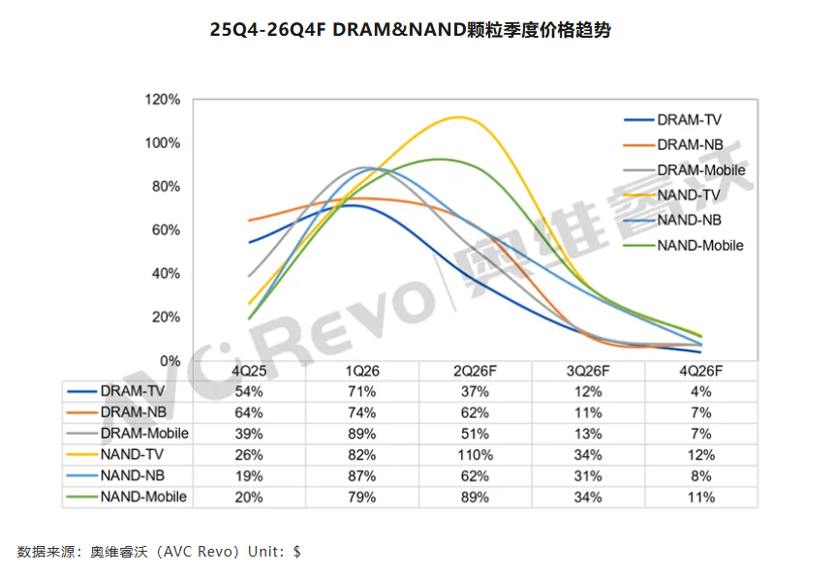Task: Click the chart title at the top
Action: coord(410,30)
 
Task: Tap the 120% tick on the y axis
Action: coord(163,100)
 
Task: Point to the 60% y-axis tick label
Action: coord(166,230)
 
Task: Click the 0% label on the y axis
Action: coord(170,361)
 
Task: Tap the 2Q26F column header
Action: coord(475,371)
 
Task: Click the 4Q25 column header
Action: coord(249,371)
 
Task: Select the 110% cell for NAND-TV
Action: coord(475,455)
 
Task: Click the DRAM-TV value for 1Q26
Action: coord(362,391)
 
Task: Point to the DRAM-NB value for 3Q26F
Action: coord(588,412)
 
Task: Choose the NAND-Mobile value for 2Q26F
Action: coord(475,497)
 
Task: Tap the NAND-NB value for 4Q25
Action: coord(249,476)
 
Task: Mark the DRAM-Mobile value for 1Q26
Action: coord(362,434)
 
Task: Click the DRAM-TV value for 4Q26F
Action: coord(701,391)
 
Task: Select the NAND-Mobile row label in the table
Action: coord(143,497)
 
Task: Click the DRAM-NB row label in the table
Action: coord(134,412)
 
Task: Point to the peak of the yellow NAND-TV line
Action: coord(458,117)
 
